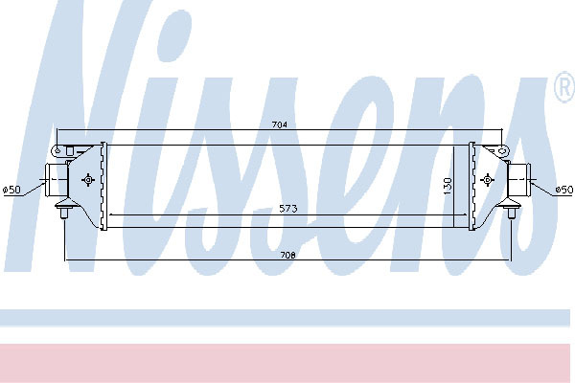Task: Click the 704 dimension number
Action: click(280, 124)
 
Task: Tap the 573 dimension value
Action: click(287, 209)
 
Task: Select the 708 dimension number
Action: click(287, 255)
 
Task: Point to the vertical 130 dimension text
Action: click(448, 186)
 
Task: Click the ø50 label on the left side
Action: click(11, 190)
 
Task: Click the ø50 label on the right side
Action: click(564, 190)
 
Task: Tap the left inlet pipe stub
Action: click(57, 180)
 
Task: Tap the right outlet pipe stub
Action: click(518, 180)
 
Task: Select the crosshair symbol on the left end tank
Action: click(88, 180)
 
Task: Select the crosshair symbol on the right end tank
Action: click(487, 180)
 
